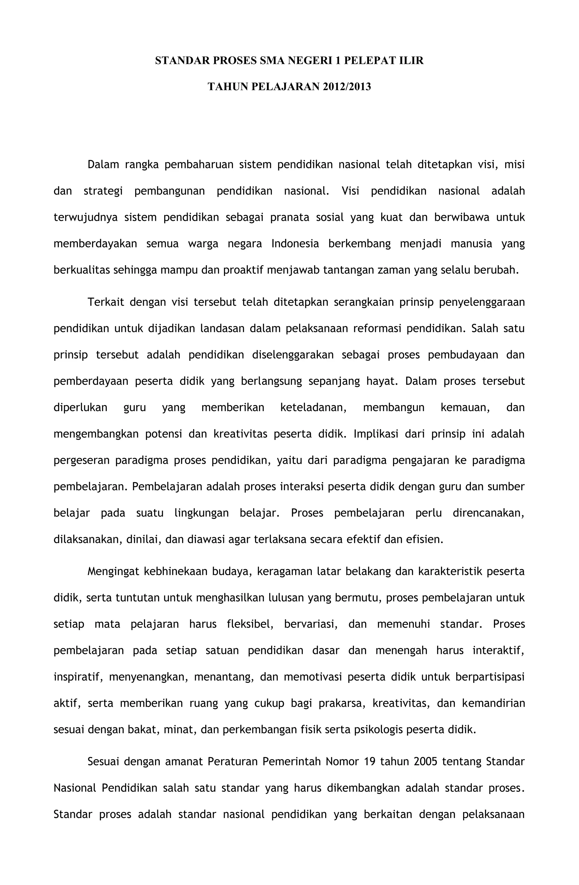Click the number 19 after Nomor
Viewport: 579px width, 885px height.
[x=370, y=761]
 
